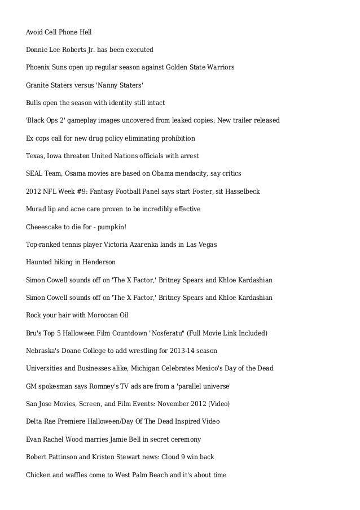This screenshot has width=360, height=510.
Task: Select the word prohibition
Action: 175,138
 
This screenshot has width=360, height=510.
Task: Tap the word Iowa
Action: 55,156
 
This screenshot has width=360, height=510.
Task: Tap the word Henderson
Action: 100,262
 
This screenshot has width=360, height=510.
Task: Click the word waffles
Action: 75,474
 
